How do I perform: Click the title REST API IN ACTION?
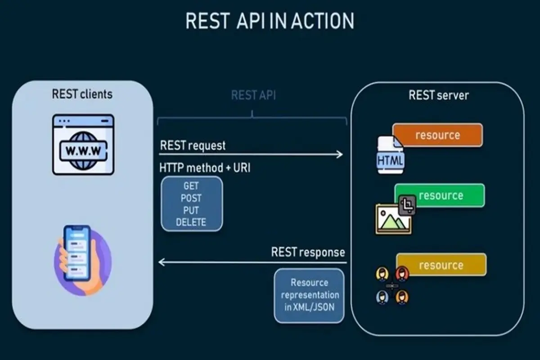[x=270, y=22]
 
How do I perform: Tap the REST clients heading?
[x=82, y=94]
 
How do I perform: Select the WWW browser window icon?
[x=83, y=144]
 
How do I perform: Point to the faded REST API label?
[x=253, y=95]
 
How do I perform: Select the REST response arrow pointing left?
[x=252, y=262]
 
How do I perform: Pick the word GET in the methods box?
[x=191, y=186]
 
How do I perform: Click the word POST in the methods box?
[x=191, y=198]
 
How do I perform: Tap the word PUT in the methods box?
[x=191, y=210]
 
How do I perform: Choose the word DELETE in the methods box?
[x=191, y=222]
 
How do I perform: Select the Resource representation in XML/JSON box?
[x=309, y=295]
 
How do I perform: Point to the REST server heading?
[x=438, y=95]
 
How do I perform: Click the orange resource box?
[x=437, y=135]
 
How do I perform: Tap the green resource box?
[x=440, y=195]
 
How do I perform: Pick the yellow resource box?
[x=441, y=265]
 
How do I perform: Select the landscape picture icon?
[x=392, y=220]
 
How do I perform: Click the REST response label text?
[x=308, y=252]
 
